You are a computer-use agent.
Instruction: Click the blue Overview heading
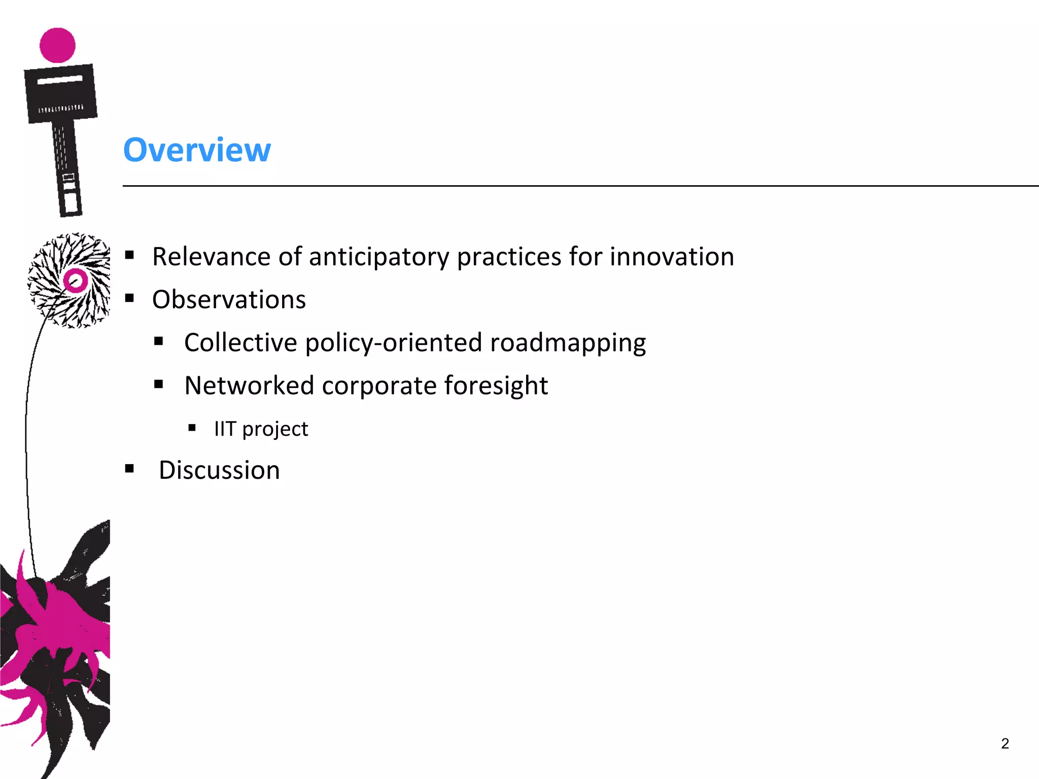coord(197,150)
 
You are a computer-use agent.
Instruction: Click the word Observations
coord(229,300)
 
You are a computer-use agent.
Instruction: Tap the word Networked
coord(249,386)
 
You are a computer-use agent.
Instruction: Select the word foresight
coord(496,386)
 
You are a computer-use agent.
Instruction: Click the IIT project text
coord(261,430)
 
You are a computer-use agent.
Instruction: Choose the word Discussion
coord(219,470)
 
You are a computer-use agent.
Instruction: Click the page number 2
coord(1005,743)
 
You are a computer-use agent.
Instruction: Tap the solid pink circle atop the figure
coord(57,45)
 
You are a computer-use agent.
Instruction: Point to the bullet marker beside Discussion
coord(129,469)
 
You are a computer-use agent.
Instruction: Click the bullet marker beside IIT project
coord(192,428)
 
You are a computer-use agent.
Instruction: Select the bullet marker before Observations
coord(129,298)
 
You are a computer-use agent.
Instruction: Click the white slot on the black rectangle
coord(59,79)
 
